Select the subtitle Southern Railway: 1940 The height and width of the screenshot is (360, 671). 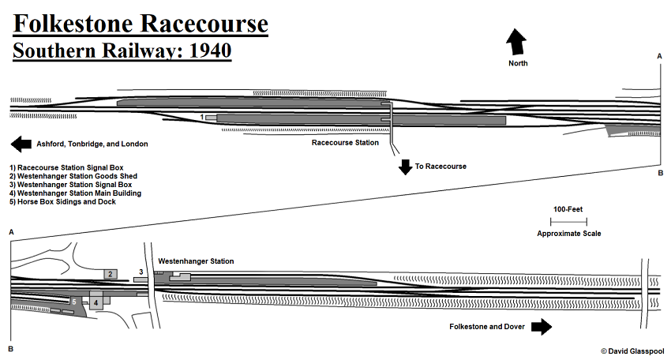121,51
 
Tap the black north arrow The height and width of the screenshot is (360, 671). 517,41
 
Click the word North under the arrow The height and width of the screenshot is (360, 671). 518,63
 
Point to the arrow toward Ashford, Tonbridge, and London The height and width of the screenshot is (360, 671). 21,144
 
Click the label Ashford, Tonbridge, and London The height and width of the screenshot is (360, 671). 92,144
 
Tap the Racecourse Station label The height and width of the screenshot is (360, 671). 345,143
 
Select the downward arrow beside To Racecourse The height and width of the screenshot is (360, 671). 405,167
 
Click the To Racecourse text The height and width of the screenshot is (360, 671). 440,167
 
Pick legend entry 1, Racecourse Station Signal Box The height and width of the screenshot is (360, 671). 67,167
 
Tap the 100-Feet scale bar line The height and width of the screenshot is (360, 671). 568,222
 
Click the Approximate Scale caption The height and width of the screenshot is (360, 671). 568,234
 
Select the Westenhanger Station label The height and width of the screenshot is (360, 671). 196,261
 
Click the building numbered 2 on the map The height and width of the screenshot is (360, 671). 111,274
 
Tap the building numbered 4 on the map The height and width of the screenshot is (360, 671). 96,302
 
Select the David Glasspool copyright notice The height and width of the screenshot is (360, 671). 632,351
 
